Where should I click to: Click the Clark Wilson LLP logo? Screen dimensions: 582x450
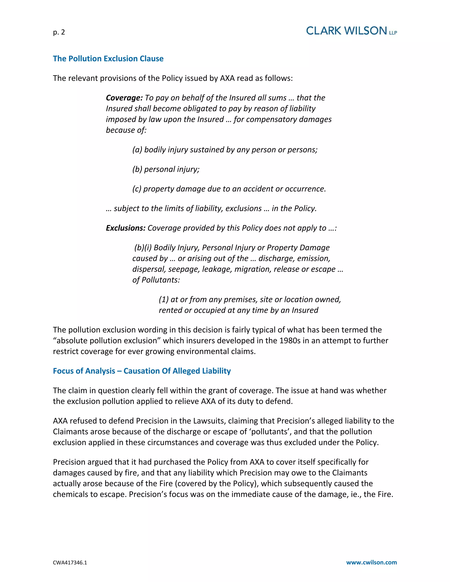coord(351,31)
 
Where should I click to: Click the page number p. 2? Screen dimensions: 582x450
coord(59,32)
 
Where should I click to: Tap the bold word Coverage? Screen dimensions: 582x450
coord(124,98)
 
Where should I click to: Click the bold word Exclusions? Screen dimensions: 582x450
coord(125,228)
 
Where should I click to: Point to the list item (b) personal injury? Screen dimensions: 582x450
coord(166,169)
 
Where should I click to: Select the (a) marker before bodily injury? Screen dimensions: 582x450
coord(137,150)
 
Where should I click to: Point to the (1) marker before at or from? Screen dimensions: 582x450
coord(164,300)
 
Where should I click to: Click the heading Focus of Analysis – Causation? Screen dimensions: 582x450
coord(142,371)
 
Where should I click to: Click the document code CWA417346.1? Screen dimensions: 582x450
coord(70,562)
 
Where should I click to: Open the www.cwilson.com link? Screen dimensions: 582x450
coord(371,562)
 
